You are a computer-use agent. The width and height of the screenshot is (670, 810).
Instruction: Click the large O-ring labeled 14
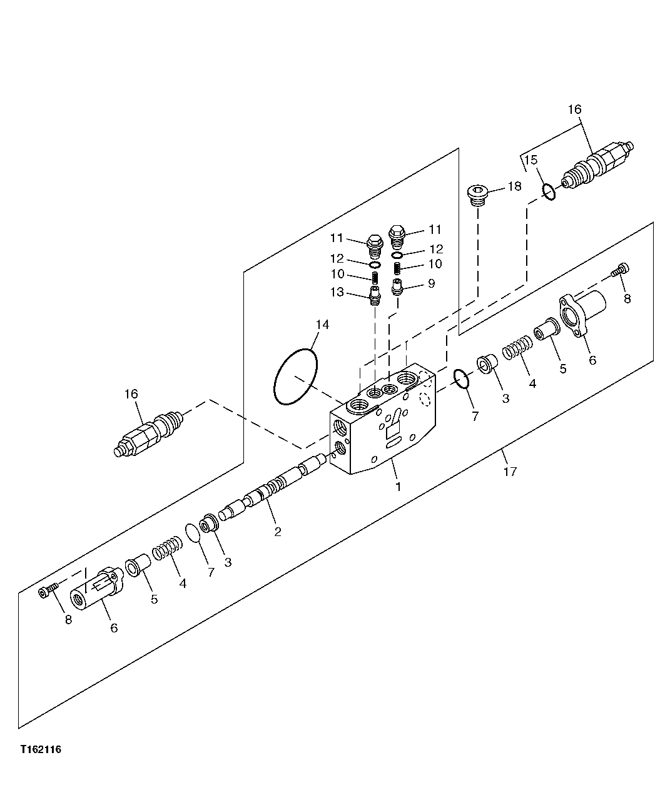click(296, 377)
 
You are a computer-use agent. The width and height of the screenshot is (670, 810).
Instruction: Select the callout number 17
click(510, 472)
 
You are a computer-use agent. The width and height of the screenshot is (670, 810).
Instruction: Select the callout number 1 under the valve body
click(398, 486)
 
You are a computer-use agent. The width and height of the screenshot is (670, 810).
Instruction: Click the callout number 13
click(337, 292)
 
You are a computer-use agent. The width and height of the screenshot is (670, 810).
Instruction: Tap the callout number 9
click(431, 284)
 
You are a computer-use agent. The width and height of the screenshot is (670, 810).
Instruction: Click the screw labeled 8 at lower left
click(48, 591)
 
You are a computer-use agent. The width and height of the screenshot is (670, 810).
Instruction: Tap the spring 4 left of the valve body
click(167, 551)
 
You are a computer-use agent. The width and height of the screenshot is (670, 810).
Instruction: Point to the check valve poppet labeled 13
click(374, 294)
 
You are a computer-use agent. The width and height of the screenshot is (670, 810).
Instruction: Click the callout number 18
click(514, 186)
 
